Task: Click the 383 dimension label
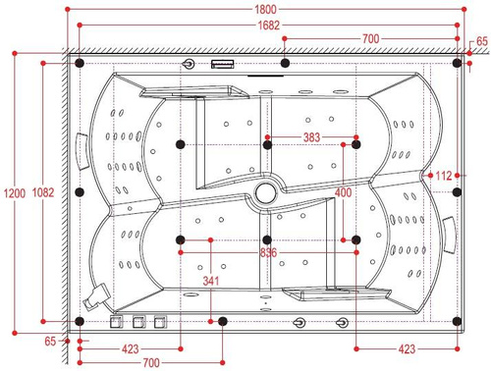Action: click(x=311, y=136)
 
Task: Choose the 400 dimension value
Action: click(x=343, y=193)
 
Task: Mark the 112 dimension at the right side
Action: click(x=444, y=176)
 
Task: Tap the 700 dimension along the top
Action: click(x=370, y=39)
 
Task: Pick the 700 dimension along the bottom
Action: click(x=150, y=363)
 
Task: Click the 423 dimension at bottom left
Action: click(x=130, y=348)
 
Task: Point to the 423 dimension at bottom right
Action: click(x=406, y=348)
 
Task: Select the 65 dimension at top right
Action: click(x=482, y=41)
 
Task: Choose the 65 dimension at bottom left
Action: click(x=51, y=341)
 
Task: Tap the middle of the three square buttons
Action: click(x=137, y=321)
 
